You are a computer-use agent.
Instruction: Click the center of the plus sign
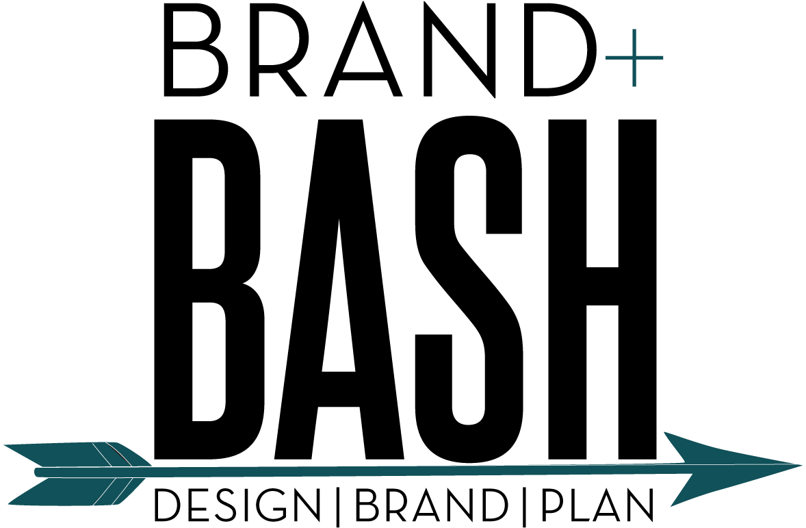(634, 58)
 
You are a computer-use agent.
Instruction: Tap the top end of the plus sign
(634, 29)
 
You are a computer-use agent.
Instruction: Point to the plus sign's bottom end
(634, 86)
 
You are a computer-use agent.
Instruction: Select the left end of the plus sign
(606, 58)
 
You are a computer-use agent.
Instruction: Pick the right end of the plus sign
(663, 58)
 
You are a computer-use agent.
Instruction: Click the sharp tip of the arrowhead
(804, 465)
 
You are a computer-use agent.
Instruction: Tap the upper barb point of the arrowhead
(664, 431)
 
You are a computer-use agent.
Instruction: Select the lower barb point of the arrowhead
(669, 507)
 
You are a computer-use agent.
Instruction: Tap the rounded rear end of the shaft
(36, 472)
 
